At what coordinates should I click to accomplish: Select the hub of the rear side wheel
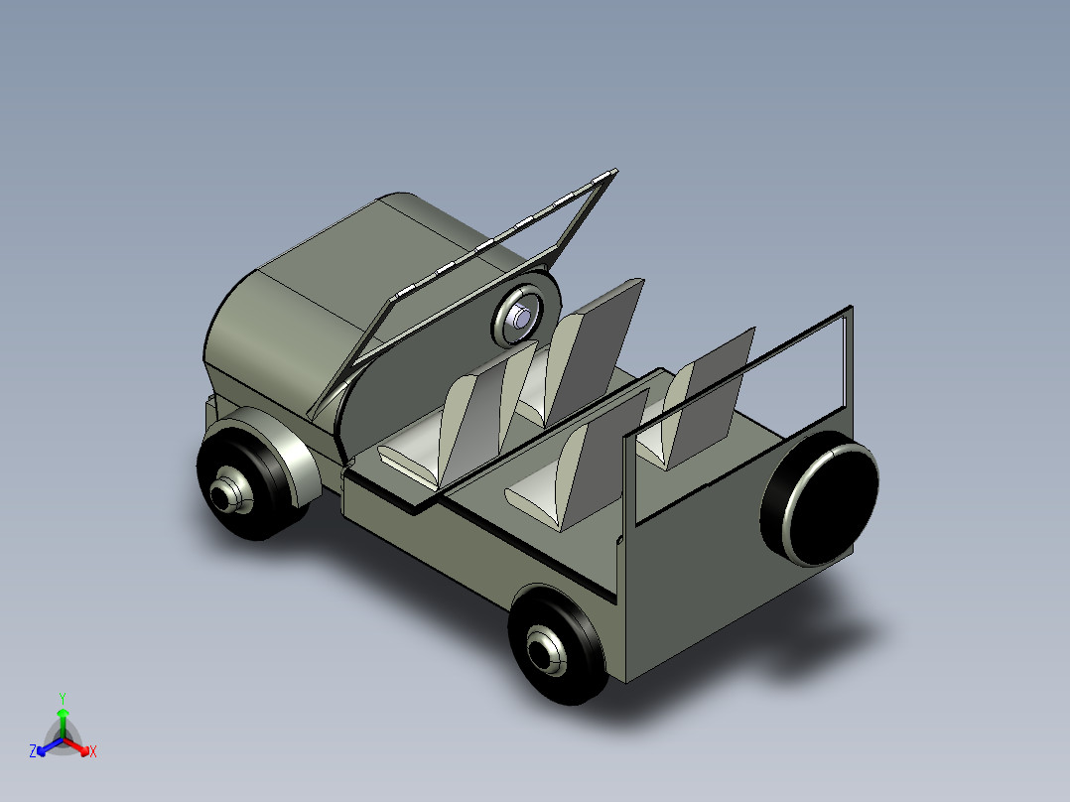pyautogui.click(x=545, y=651)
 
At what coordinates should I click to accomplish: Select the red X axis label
pyautogui.click(x=93, y=752)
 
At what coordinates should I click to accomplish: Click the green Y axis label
pyautogui.click(x=63, y=698)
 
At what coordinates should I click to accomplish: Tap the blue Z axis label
pyautogui.click(x=33, y=752)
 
